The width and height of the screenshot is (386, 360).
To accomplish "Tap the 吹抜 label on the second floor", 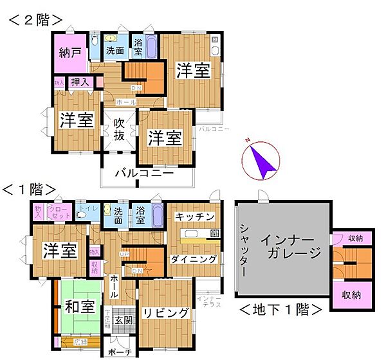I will (119, 129).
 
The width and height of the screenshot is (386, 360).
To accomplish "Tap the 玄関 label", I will (123, 319).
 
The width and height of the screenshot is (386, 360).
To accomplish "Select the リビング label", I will (165, 313).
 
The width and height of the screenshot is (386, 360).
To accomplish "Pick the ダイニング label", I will (193, 259).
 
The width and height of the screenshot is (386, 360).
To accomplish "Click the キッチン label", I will (194, 217).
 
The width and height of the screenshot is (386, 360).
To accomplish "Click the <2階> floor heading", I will (36, 20).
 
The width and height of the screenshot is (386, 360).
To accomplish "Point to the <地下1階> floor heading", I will (280, 309).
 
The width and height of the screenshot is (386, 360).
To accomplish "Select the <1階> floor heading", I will (29, 190).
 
